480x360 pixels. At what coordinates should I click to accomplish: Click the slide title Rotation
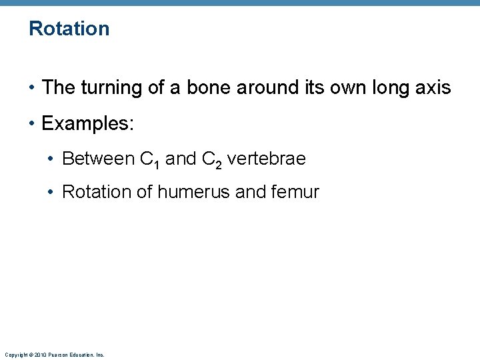tap(69, 29)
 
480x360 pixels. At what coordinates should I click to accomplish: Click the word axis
tap(433, 87)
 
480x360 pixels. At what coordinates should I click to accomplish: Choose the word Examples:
tap(88, 123)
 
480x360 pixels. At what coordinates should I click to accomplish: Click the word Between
tap(97, 159)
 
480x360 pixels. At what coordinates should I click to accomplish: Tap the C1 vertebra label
tap(149, 159)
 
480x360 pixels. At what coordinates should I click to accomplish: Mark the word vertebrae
tap(266, 159)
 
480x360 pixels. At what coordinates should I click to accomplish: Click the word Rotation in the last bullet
tap(97, 193)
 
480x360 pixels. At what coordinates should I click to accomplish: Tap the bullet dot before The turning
tap(32, 88)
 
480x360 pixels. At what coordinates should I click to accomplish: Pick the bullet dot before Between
tap(51, 159)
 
